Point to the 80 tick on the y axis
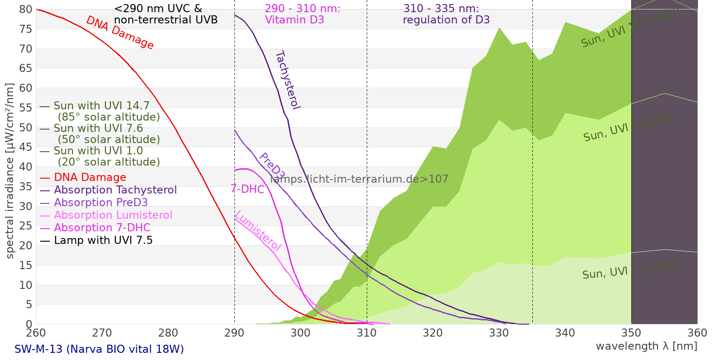(x=26, y=9)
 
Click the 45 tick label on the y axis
(x=26, y=147)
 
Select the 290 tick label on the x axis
(x=234, y=333)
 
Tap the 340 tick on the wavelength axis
(x=565, y=333)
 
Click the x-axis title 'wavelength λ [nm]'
(x=646, y=346)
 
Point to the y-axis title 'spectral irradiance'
(x=10, y=171)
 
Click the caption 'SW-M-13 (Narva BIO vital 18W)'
(x=99, y=349)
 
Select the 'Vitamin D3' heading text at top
(x=294, y=20)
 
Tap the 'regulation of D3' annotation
(x=446, y=20)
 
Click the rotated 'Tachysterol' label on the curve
(x=287, y=80)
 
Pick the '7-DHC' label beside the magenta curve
(x=247, y=189)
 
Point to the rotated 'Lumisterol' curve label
(x=258, y=230)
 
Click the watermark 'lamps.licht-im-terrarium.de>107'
(x=359, y=179)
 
